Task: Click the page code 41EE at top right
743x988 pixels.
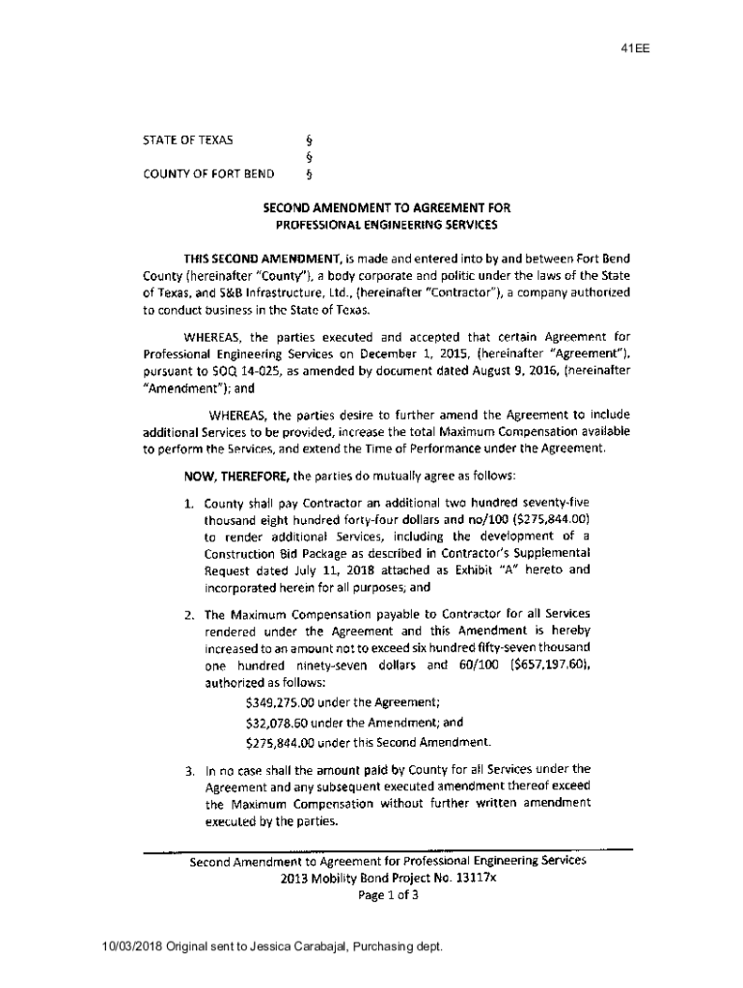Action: pos(637,49)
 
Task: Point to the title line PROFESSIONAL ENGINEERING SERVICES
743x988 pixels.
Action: pos(387,225)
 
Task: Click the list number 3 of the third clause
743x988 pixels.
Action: pos(190,771)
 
